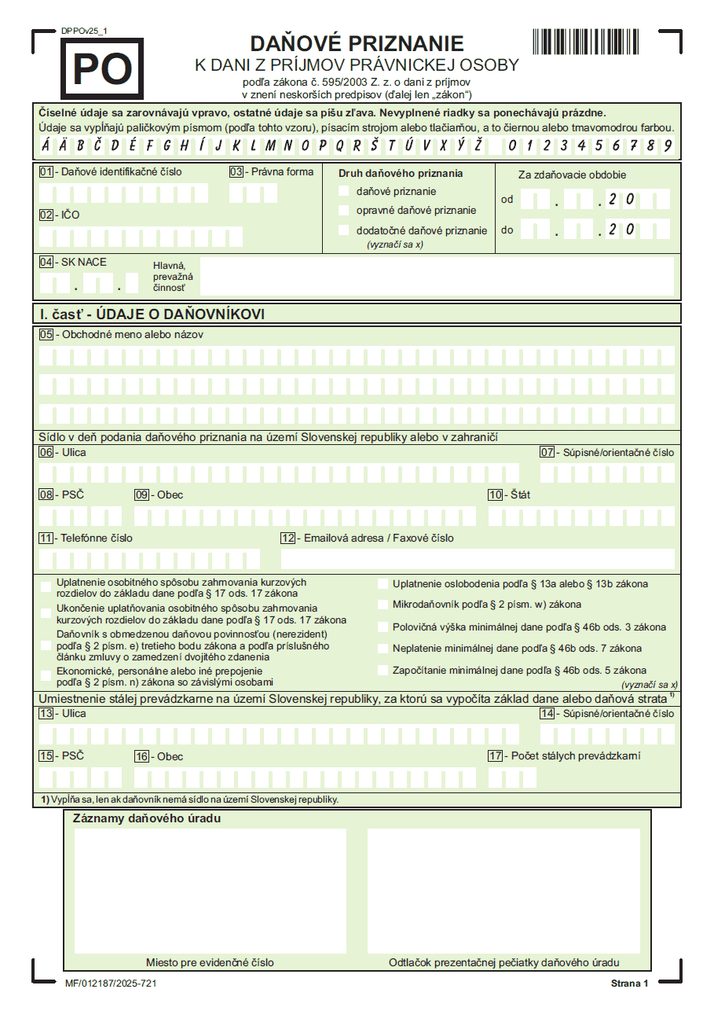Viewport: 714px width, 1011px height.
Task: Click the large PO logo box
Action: pyautogui.click(x=102, y=69)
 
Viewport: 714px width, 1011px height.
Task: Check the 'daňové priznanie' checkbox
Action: pyautogui.click(x=343, y=191)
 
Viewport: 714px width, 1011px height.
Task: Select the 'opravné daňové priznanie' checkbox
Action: pyautogui.click(x=343, y=210)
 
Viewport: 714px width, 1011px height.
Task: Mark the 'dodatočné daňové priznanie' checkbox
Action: pyautogui.click(x=343, y=230)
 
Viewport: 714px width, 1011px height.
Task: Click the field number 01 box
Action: pyautogui.click(x=46, y=171)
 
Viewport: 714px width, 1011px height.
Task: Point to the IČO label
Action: pyautogui.click(x=70, y=215)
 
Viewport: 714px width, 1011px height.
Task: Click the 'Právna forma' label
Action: pyautogui.click(x=282, y=171)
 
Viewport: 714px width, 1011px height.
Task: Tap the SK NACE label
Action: pyautogui.click(x=83, y=262)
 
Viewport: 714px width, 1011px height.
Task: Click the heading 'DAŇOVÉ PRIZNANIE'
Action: pyautogui.click(x=357, y=43)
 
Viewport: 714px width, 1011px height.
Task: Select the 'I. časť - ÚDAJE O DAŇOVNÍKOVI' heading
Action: pyautogui.click(x=152, y=314)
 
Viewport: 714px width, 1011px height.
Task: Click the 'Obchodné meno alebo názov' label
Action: pyautogui.click(x=132, y=334)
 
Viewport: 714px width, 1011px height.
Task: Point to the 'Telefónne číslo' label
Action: pyautogui.click(x=97, y=538)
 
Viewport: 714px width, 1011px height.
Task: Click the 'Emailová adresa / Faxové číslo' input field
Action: pyautogui.click(x=478, y=559)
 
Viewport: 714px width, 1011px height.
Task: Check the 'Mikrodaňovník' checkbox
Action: pyautogui.click(x=383, y=605)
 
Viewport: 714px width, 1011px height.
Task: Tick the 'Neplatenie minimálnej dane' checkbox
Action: pyautogui.click(x=383, y=649)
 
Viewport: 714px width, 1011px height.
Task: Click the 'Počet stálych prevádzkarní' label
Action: pyautogui.click(x=575, y=755)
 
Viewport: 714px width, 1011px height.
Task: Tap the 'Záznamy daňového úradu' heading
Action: pyautogui.click(x=146, y=818)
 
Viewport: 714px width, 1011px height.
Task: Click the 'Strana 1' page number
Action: pyautogui.click(x=629, y=983)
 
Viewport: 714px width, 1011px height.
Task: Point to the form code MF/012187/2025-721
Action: pyautogui.click(x=110, y=983)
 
